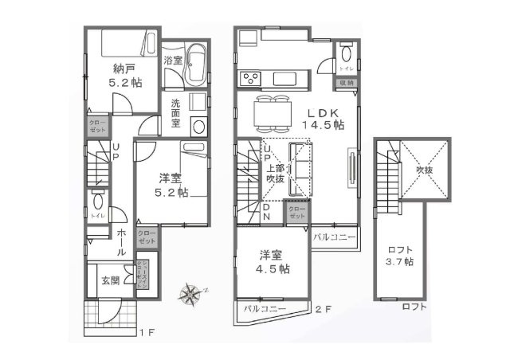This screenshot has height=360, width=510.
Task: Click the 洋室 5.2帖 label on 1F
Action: pyautogui.click(x=171, y=185)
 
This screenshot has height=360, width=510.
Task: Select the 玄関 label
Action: pyautogui.click(x=110, y=280)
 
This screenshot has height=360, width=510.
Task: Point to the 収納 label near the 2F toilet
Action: pyautogui.click(x=347, y=82)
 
